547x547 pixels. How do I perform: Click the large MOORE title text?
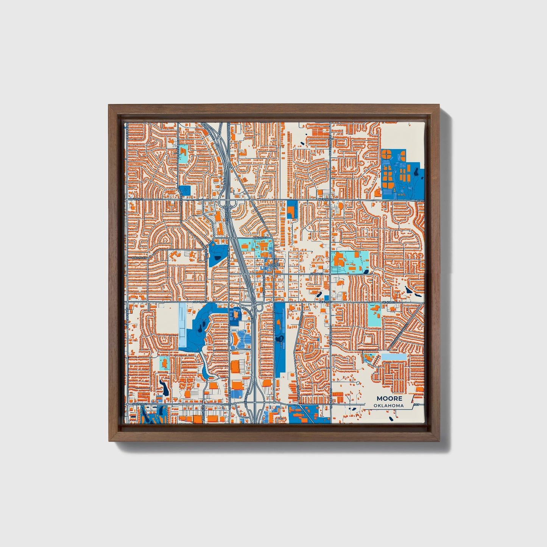coord(389,398)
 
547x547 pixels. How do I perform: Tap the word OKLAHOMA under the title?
coord(388,405)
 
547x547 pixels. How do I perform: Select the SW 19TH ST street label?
coord(139,405)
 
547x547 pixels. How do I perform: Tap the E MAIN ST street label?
coord(316,273)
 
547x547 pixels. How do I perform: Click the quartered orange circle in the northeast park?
coord(386,154)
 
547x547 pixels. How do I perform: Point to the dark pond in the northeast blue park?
coord(416,173)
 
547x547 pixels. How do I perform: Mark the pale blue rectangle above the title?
coord(394,357)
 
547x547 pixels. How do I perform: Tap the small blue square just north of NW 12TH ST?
coord(185,190)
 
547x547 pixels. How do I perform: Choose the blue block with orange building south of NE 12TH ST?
coord(291,209)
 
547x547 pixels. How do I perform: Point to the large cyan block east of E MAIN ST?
coord(350,262)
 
